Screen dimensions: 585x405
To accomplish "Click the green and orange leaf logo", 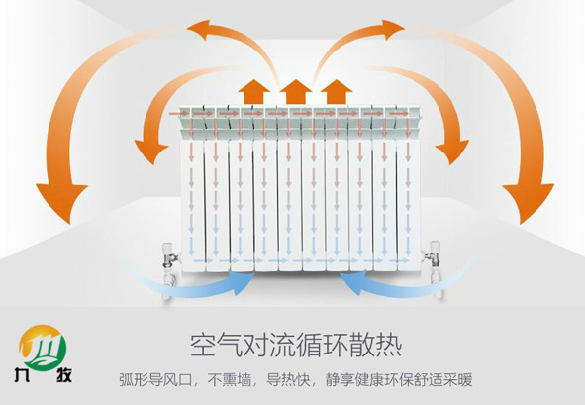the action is pyautogui.click(x=43, y=346).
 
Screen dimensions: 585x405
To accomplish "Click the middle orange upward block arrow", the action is pyautogui.click(x=296, y=92).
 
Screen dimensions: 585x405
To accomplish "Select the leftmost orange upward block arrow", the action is pyautogui.click(x=254, y=92).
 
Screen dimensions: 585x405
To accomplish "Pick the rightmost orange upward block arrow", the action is pyautogui.click(x=337, y=92).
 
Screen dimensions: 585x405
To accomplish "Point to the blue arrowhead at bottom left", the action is pyautogui.click(x=240, y=282).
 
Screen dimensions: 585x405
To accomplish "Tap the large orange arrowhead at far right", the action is pyautogui.click(x=527, y=202).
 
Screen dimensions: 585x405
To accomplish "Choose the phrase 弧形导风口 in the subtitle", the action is pyautogui.click(x=155, y=380).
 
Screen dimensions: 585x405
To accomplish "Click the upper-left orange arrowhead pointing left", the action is pyautogui.click(x=202, y=29).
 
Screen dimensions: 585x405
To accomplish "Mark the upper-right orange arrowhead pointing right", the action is pyautogui.click(x=390, y=29).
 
